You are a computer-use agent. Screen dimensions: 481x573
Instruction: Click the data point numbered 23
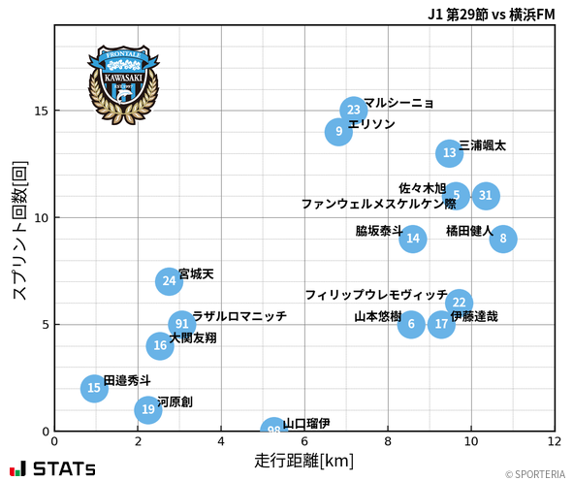354,110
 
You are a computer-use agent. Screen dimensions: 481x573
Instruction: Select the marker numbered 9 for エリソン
338,131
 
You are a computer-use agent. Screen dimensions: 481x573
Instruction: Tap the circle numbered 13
449,152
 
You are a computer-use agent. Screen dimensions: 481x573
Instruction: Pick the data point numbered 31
486,196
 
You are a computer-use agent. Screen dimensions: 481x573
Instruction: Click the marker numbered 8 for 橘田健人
502,239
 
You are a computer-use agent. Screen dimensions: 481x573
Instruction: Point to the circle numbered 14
413,239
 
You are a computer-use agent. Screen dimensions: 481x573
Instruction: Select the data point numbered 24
170,281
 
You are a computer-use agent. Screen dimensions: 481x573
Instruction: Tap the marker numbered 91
181,324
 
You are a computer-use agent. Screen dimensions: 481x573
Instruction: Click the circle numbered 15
93,389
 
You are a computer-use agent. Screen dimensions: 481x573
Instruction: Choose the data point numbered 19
147,409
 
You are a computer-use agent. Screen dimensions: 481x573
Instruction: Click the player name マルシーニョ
398,103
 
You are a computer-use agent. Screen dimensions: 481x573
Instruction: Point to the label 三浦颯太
482,145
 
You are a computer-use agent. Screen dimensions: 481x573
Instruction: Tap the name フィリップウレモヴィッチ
376,295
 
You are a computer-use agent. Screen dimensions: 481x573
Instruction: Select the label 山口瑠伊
306,424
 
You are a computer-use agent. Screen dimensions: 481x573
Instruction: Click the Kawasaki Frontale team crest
123,82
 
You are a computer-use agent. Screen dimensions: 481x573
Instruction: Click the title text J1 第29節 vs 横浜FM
491,15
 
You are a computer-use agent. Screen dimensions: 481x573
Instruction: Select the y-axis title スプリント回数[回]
18,230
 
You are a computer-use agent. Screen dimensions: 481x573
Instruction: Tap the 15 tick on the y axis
41,111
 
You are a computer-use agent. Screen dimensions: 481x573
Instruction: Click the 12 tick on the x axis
555,441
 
